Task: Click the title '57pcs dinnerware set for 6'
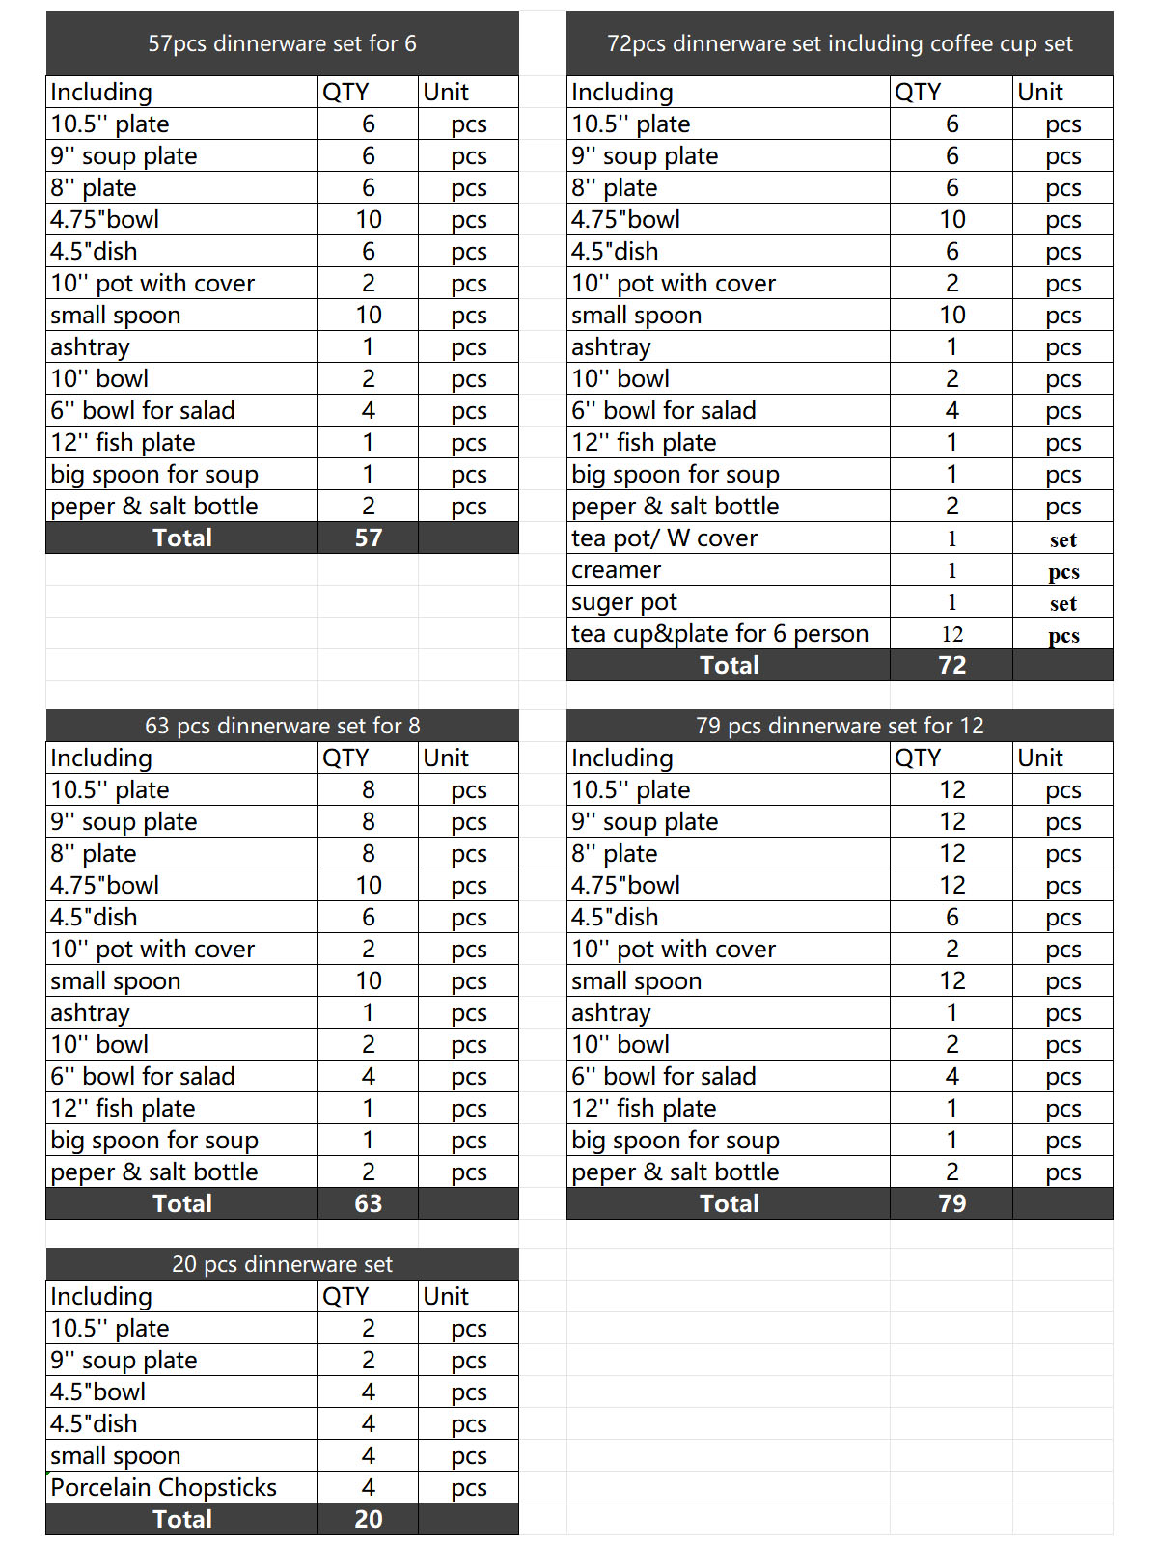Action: click(282, 43)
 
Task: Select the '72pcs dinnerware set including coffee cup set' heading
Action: click(840, 43)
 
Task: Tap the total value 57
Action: click(369, 538)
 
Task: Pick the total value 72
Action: click(951, 665)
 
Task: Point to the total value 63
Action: click(369, 1203)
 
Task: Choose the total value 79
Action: click(951, 1203)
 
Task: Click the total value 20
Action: click(369, 1519)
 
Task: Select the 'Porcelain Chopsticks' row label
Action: click(164, 1487)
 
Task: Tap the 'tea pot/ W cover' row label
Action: click(664, 538)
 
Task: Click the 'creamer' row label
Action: click(616, 570)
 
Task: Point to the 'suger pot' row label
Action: click(624, 602)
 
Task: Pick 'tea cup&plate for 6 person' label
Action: click(720, 634)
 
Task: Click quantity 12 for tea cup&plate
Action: click(951, 634)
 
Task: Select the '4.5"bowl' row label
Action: click(98, 1392)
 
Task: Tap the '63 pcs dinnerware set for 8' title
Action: click(282, 726)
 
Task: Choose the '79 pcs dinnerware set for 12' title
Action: click(840, 726)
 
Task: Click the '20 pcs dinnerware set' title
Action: click(282, 1264)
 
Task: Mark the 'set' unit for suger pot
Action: click(1062, 604)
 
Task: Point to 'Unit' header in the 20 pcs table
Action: click(446, 1296)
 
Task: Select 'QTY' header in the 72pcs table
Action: click(917, 92)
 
